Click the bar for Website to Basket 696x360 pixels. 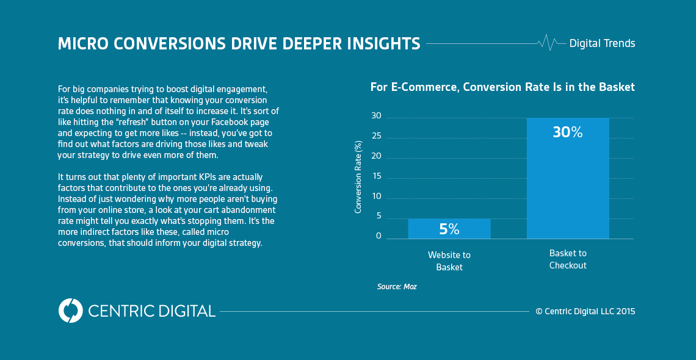[x=449, y=229]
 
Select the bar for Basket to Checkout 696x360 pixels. [x=568, y=183]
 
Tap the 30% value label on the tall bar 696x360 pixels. [x=568, y=132]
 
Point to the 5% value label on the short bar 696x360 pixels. [x=449, y=229]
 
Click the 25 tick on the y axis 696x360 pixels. [x=376, y=136]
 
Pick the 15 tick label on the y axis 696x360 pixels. [x=376, y=176]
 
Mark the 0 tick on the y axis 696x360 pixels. [x=379, y=236]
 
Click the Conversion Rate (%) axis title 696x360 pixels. [x=358, y=176]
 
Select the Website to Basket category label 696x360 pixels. [x=449, y=261]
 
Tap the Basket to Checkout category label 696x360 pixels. [x=568, y=259]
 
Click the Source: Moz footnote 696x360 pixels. [x=397, y=286]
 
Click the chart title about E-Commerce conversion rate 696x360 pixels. [x=502, y=87]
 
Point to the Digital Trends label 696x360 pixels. [x=602, y=43]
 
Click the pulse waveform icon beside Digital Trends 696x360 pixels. [x=548, y=43]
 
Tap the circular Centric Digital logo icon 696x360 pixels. [x=70, y=311]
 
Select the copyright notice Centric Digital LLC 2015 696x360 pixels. [x=585, y=311]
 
